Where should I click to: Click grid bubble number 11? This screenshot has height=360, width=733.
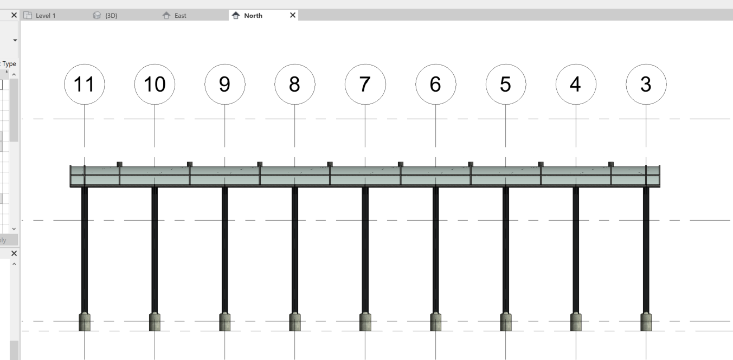tap(84, 85)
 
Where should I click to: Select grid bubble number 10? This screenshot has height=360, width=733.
tap(155, 85)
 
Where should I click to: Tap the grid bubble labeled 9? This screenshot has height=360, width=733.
tap(224, 85)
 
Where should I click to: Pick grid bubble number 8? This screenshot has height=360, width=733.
tap(294, 85)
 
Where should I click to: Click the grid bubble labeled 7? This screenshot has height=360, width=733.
tap(365, 85)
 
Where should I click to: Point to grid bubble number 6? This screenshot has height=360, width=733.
tap(435, 85)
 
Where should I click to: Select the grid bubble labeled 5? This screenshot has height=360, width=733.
tap(505, 85)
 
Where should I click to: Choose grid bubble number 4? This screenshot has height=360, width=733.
tap(576, 85)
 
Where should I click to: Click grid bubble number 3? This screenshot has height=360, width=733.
tap(646, 85)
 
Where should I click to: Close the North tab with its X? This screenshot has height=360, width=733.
tap(293, 15)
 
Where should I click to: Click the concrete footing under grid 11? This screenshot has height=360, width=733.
tap(85, 322)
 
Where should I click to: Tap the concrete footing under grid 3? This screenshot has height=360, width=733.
tap(646, 322)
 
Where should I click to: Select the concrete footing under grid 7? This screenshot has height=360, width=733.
tap(365, 322)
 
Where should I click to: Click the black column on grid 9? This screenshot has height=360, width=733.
tap(224, 249)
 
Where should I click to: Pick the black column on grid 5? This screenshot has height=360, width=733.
tap(505, 249)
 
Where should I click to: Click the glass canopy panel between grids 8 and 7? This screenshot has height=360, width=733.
tap(330, 176)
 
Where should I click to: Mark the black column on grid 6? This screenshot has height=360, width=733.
tap(435, 249)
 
